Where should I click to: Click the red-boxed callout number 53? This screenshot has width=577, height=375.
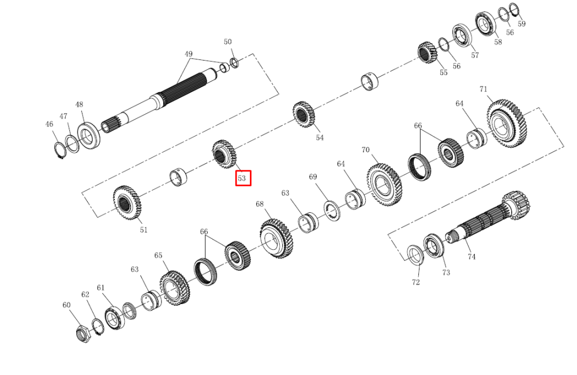point(241,178)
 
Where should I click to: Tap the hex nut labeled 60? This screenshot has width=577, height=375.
point(84,334)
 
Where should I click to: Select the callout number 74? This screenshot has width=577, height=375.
point(471,257)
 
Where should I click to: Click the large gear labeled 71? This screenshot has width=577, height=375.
point(507,123)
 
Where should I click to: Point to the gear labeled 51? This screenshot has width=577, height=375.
point(127,202)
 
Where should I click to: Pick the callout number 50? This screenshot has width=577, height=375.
point(228,42)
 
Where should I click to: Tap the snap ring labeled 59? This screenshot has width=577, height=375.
point(515,10)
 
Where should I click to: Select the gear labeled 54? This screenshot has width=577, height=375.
point(304,114)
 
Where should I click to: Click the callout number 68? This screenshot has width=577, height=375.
point(260,204)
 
